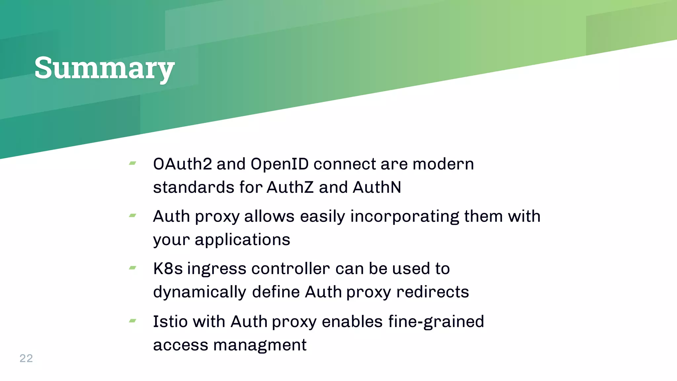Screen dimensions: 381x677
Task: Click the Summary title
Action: tap(104, 68)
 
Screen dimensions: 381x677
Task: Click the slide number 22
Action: tap(26, 358)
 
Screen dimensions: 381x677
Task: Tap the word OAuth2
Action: tap(182, 164)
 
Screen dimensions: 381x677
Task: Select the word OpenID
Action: tap(280, 164)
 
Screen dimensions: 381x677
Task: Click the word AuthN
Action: tap(377, 187)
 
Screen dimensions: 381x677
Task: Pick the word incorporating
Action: tap(405, 217)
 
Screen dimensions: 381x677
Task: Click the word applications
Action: tap(242, 240)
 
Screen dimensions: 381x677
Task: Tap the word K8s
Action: tap(168, 269)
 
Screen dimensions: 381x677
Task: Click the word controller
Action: tap(291, 269)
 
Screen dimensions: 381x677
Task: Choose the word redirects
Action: tap(433, 292)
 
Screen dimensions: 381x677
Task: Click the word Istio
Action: tap(170, 321)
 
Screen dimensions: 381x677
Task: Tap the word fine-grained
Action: tap(436, 322)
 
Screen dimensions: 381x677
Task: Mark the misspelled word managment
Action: tap(260, 345)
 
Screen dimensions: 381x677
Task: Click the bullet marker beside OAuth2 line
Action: tap(133, 163)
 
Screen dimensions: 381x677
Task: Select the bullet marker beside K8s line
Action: tap(133, 268)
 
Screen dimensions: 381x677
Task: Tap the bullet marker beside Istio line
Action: tap(133, 320)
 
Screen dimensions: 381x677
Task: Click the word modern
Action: tap(443, 164)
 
